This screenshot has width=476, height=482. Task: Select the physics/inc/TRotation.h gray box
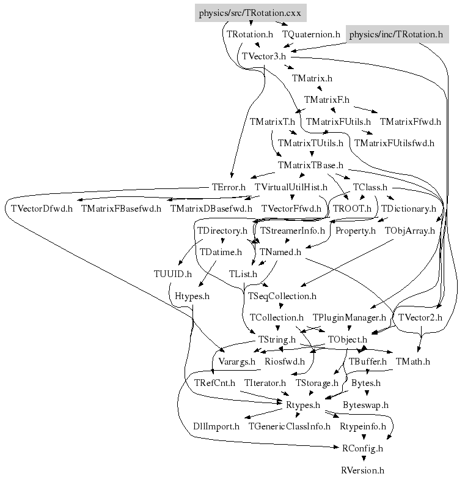[396, 35]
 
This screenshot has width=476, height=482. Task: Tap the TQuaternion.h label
[311, 35]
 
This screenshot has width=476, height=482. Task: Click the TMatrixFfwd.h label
[410, 122]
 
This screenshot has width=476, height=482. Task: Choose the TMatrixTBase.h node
[310, 166]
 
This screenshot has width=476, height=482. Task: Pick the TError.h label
[229, 187]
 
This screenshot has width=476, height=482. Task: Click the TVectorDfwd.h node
[42, 209]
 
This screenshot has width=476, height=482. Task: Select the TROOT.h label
[352, 209]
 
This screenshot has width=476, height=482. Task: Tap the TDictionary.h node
[408, 209]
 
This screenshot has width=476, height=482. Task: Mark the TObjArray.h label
[409, 231]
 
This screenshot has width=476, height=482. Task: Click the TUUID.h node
[173, 274]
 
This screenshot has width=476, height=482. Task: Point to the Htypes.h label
[192, 296]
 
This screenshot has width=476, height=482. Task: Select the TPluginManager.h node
[350, 318]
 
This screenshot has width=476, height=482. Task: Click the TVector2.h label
[420, 318]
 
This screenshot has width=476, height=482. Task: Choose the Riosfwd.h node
[284, 361]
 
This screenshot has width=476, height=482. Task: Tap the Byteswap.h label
[365, 405]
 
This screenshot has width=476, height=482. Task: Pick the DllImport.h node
[216, 426]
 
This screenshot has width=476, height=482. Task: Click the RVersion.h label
[362, 470]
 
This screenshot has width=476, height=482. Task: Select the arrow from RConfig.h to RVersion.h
[362, 459]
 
